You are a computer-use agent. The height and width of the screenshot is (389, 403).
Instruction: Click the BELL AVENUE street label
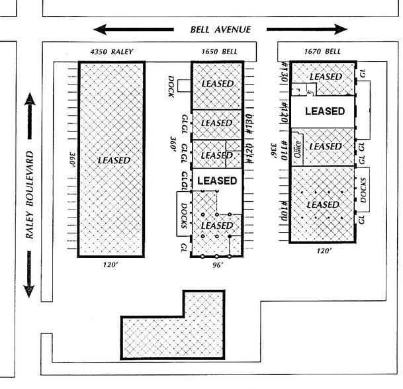[x=221, y=29]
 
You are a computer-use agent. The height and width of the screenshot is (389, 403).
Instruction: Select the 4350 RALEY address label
[x=111, y=52]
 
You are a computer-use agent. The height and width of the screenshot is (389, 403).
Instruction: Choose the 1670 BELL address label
[x=322, y=52]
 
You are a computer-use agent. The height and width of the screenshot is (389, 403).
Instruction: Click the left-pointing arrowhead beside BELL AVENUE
[x=101, y=29]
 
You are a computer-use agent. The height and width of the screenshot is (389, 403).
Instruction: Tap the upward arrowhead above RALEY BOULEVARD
[x=29, y=100]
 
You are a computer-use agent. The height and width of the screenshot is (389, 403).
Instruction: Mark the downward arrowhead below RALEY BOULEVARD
[x=29, y=290]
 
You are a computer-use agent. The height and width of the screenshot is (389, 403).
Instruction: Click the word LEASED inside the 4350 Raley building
[x=113, y=160]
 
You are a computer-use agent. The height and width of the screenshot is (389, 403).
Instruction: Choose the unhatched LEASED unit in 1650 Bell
[x=217, y=180]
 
